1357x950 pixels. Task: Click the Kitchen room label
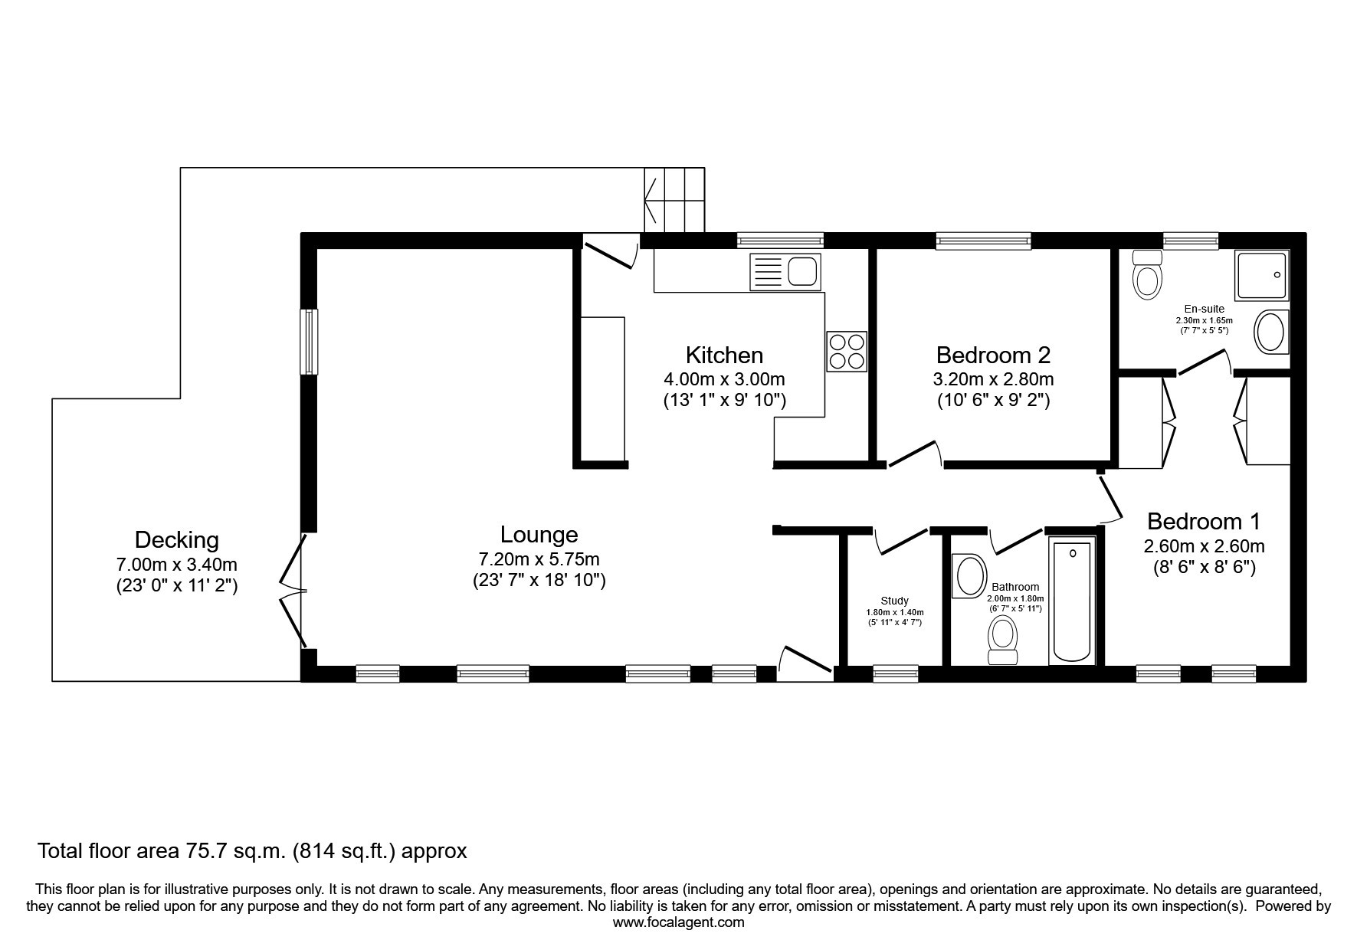(x=724, y=355)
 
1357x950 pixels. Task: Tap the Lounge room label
(x=539, y=534)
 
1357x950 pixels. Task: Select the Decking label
(x=176, y=540)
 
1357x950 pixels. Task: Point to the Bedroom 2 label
(x=993, y=355)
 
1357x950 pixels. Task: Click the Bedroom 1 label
(x=1204, y=522)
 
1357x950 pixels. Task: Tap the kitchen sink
(x=785, y=271)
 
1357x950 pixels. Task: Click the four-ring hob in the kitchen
(x=846, y=352)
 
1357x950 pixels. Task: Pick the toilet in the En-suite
(x=1147, y=274)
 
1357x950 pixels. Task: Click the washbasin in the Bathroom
(x=969, y=576)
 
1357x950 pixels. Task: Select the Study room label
(x=894, y=601)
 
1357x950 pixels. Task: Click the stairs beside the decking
(x=674, y=200)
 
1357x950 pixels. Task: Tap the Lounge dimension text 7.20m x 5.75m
(x=539, y=559)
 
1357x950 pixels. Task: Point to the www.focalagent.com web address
(x=679, y=922)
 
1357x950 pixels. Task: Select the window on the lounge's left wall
(x=309, y=342)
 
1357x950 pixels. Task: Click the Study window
(x=896, y=673)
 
